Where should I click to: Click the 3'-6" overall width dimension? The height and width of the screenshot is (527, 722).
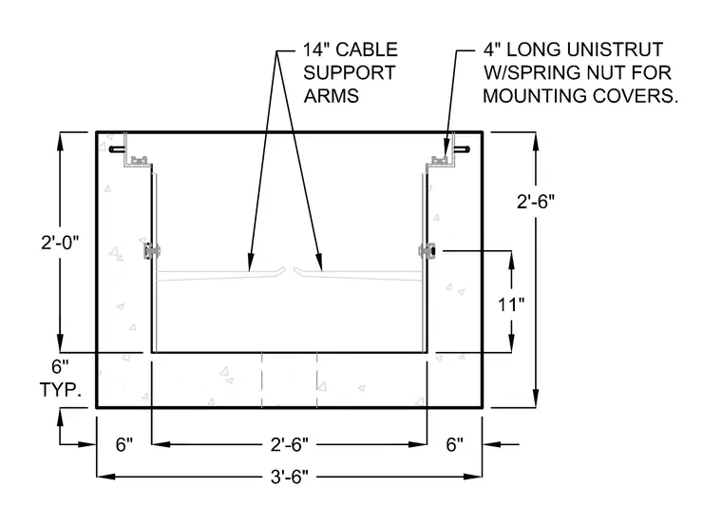coord(289,477)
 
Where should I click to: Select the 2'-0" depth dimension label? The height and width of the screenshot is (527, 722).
coord(60,242)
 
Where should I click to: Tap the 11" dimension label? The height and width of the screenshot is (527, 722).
coord(511,304)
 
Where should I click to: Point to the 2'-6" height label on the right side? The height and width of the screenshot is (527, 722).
coord(536,202)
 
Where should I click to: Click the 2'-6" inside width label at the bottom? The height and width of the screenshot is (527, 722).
coord(289,444)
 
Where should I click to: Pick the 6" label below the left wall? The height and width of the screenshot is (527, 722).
coord(124,444)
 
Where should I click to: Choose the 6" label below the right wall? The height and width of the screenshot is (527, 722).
coord(454,444)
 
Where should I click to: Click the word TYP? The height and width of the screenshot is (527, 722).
coord(61,390)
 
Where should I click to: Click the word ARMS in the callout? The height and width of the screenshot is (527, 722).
coord(331,96)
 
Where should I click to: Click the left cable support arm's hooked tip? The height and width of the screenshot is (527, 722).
coord(281,271)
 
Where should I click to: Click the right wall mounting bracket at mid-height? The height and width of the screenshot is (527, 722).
coord(427,251)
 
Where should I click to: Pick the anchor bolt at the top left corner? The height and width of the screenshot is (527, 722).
coord(117,149)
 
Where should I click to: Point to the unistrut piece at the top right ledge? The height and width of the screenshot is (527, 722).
coord(439,161)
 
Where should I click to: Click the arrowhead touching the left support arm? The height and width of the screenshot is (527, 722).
coord(250,263)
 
